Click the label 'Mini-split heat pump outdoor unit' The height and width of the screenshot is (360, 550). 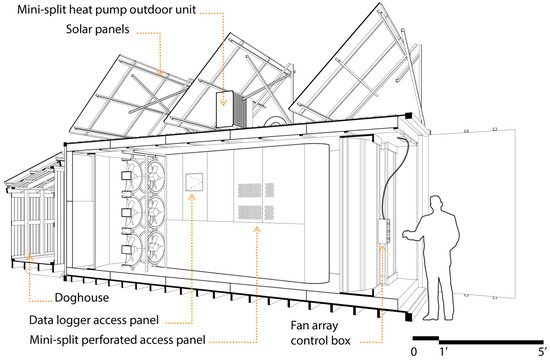[x=107, y=9]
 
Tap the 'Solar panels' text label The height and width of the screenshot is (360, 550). [x=98, y=29]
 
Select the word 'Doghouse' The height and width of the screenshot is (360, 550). [x=82, y=298]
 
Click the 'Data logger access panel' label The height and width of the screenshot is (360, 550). [x=94, y=320]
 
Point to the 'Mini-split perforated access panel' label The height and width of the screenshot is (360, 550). [x=118, y=340]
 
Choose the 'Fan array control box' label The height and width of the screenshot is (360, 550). [x=320, y=333]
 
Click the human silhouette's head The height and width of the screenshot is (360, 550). [x=437, y=205]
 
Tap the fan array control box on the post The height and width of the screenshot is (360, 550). [x=384, y=231]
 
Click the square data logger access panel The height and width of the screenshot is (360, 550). [x=194, y=182]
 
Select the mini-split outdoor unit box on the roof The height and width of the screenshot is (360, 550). [x=225, y=109]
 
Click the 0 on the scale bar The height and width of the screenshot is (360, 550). [x=414, y=351]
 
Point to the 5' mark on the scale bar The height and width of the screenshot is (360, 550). [x=542, y=351]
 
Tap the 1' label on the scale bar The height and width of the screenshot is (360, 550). [x=443, y=351]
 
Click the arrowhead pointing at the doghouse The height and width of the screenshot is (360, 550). [x=30, y=258]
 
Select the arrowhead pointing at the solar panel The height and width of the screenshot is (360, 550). [x=160, y=73]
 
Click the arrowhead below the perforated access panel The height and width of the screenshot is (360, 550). [x=257, y=230]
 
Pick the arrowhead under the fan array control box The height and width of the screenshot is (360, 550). [x=382, y=249]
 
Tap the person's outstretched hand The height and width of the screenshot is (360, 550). [x=407, y=234]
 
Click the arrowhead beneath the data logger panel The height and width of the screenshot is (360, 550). [x=192, y=197]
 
